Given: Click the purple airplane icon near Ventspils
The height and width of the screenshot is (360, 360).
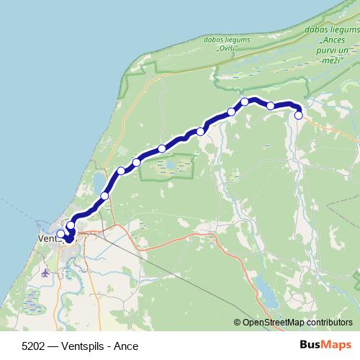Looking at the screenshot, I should coord(46,273).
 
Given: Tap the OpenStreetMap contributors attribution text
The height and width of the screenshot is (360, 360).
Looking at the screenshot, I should coord(297,323).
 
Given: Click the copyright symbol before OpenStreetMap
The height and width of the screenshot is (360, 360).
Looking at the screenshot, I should coord(238,323).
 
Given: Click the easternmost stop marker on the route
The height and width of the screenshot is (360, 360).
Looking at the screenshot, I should coord(298,114).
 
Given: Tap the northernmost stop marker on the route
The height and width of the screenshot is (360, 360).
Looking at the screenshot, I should coord(245,102).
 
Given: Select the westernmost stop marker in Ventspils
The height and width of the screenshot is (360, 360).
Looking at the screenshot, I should coord(60,234).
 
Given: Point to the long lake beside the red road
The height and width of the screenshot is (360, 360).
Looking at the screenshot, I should coord(266,294).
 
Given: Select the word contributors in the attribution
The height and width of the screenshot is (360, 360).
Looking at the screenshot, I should coord(328,323).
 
